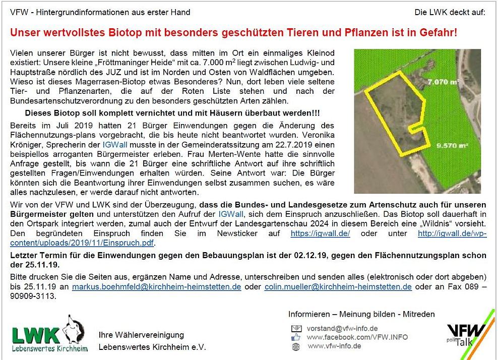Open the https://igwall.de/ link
320,233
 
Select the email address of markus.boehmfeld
156,286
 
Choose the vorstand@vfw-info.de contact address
342,328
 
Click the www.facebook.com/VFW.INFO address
357,337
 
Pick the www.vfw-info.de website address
334,346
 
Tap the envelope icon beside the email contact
296,328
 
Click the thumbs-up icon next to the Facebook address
296,337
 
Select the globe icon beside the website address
296,346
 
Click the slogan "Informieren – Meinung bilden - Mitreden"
361,314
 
